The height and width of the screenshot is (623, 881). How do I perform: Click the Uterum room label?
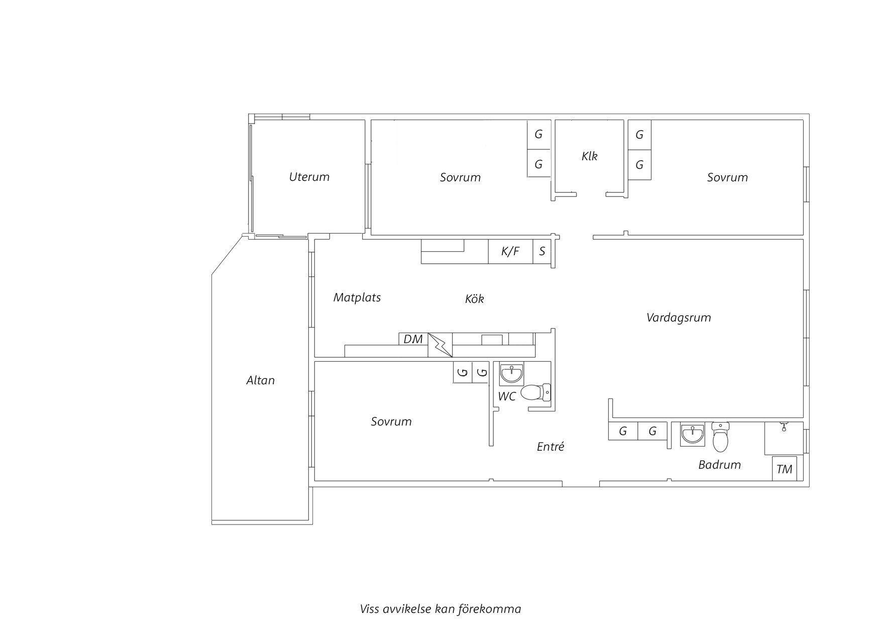309,177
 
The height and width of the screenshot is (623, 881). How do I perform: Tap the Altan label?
261,380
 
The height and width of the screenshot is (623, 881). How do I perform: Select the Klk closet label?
590,156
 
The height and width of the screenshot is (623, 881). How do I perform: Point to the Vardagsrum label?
679,318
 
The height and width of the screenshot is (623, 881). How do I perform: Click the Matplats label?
357,297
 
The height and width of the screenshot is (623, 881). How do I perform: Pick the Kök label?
475,299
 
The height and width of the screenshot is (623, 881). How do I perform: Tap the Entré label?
550,447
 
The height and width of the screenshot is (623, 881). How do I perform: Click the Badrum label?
720,465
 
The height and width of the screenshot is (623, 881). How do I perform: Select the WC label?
507,396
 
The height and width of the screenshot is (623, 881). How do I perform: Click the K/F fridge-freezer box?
510,251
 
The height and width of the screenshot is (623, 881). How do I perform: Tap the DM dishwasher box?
413,339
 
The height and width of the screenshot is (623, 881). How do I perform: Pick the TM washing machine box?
785,469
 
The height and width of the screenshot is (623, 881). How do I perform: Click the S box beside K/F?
542,251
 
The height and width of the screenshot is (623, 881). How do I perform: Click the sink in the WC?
512,373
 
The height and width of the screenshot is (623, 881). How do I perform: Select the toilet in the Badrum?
720,437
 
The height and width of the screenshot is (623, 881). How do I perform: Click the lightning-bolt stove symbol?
440,345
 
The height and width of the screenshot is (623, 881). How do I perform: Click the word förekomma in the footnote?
490,609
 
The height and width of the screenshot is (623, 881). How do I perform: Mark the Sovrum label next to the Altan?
391,422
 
